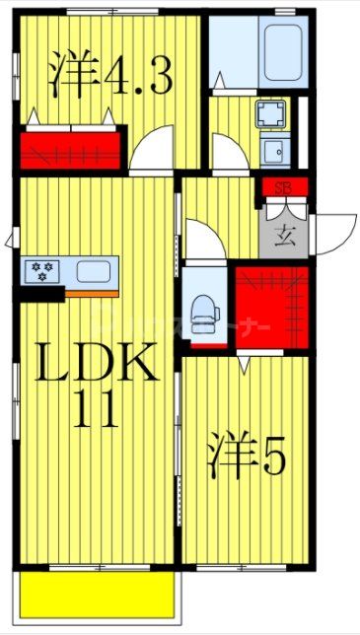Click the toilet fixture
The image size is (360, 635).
[203, 309]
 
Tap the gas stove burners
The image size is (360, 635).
[41, 268]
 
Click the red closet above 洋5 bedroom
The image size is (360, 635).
[272, 307]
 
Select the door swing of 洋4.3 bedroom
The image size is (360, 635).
[154, 153]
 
